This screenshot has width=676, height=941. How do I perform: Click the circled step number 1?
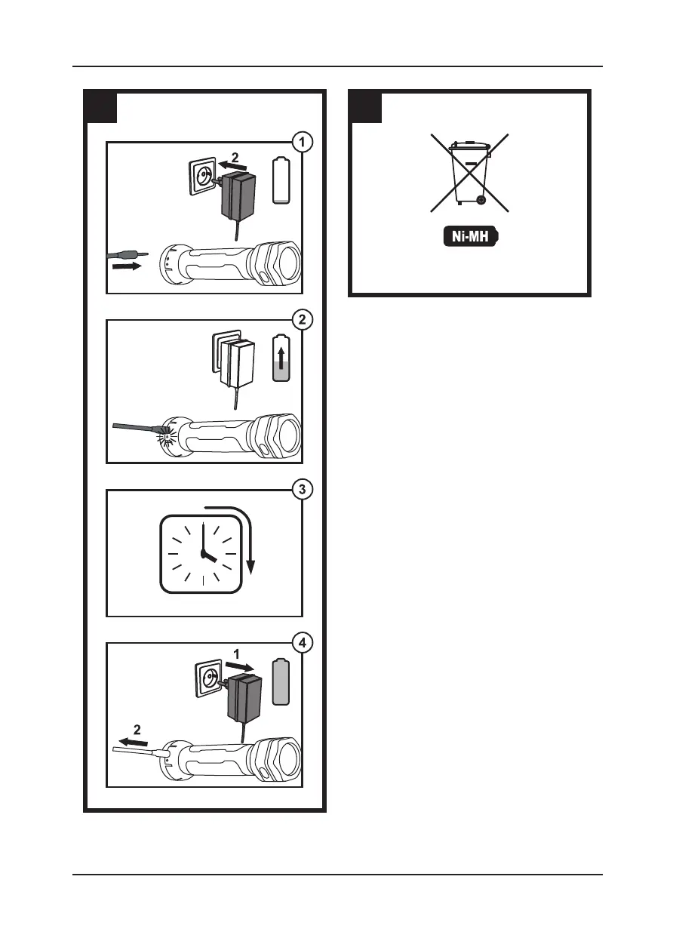click(x=303, y=141)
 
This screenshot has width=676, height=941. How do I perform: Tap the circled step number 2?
click(x=303, y=319)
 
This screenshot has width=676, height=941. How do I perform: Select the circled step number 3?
click(x=303, y=489)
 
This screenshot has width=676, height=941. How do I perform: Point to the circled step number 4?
click(x=303, y=644)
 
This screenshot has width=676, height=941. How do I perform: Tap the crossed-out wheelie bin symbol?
click(x=469, y=173)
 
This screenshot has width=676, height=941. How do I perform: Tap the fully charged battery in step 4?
click(x=280, y=681)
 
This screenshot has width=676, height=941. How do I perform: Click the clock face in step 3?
click(x=202, y=554)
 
